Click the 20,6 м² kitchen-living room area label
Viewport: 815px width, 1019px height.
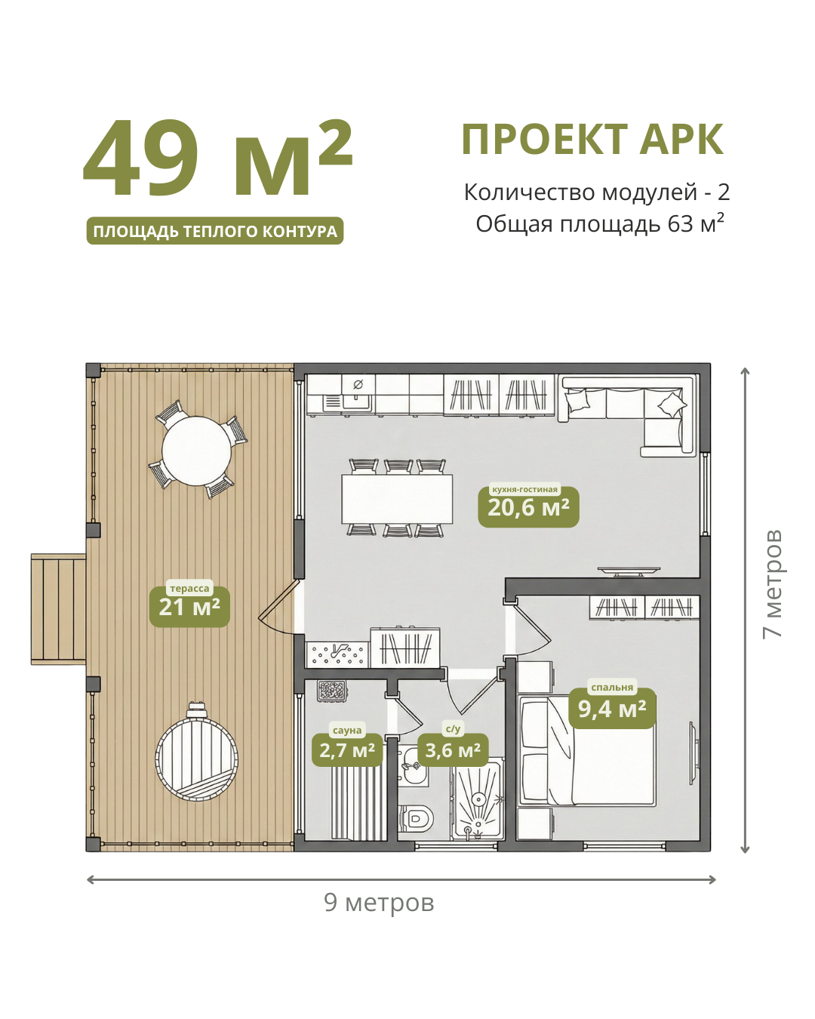coord(528,507)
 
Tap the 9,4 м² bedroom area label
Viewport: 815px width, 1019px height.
coord(612,708)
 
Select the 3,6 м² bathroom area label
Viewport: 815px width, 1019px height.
coord(453,750)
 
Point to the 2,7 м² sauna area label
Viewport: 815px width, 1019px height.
coord(347,750)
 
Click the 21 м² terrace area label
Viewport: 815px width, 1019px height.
coord(189,607)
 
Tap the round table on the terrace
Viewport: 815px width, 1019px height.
coord(196,451)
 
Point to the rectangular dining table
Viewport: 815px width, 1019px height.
coord(397,499)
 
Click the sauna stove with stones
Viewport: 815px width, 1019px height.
coord(333,691)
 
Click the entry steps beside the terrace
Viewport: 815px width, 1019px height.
coord(59,609)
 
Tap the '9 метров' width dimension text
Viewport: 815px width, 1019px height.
coord(379,903)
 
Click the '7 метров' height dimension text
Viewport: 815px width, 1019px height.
coord(772,584)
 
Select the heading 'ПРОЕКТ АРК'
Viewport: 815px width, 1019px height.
coord(592,139)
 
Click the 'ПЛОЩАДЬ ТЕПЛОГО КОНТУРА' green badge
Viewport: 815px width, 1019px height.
coord(215,231)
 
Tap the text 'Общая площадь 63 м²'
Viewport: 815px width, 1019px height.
coord(600,224)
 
